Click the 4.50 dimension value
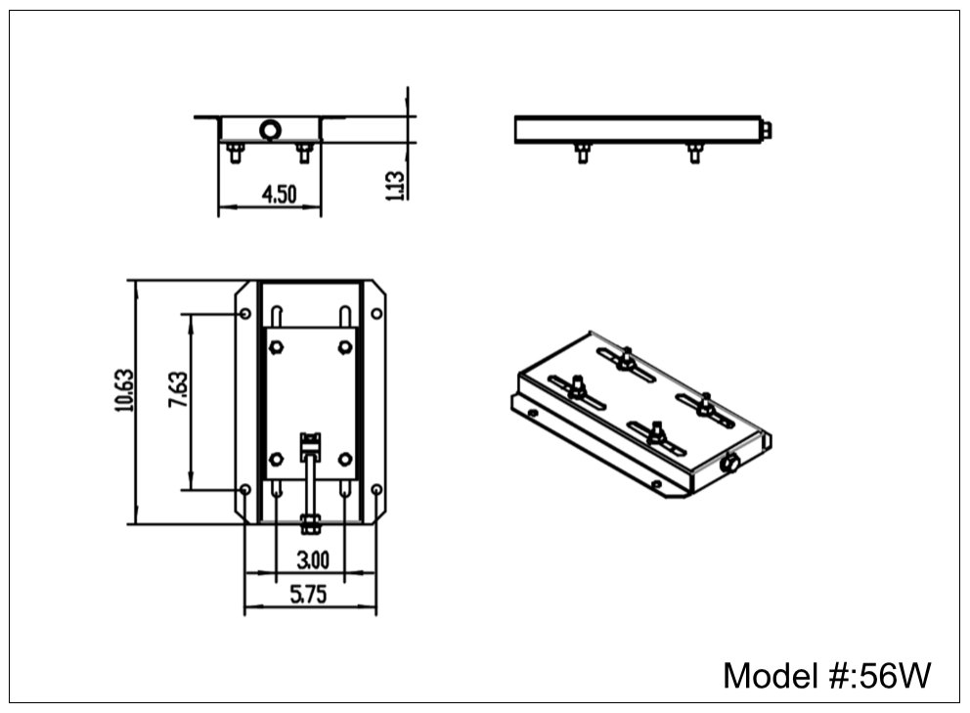click(279, 194)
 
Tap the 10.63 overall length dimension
click(123, 389)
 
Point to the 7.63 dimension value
click(177, 389)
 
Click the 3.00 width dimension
click(312, 559)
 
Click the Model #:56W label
click(826, 675)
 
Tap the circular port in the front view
click(270, 129)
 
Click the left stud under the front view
click(235, 153)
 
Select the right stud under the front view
click(304, 153)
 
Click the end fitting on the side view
click(766, 130)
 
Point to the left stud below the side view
click(582, 153)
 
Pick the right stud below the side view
click(695, 153)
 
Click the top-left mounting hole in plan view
click(245, 314)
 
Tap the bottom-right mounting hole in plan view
click(376, 489)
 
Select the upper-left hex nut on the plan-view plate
click(276, 346)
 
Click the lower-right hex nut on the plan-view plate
click(345, 458)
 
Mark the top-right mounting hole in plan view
click(376, 314)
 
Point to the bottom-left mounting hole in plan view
click(245, 489)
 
